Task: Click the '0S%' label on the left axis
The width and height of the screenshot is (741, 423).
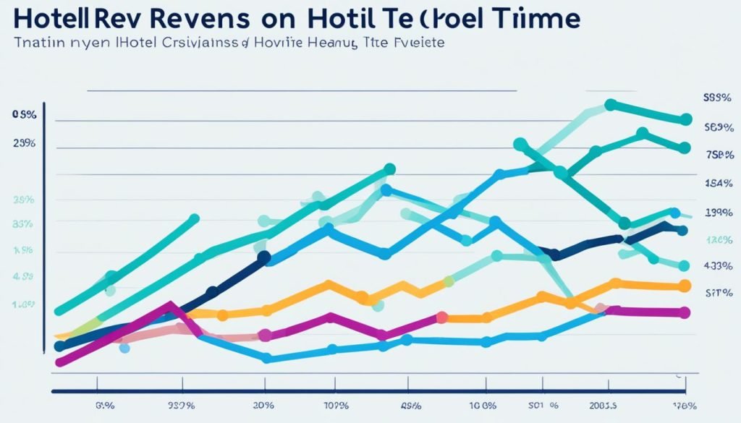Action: click(24, 115)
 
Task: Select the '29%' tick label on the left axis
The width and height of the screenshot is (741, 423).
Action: click(24, 143)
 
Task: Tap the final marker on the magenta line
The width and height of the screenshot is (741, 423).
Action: click(685, 312)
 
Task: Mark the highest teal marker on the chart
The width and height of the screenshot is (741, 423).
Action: click(609, 106)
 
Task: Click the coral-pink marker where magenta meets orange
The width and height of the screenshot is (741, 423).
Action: click(441, 317)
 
